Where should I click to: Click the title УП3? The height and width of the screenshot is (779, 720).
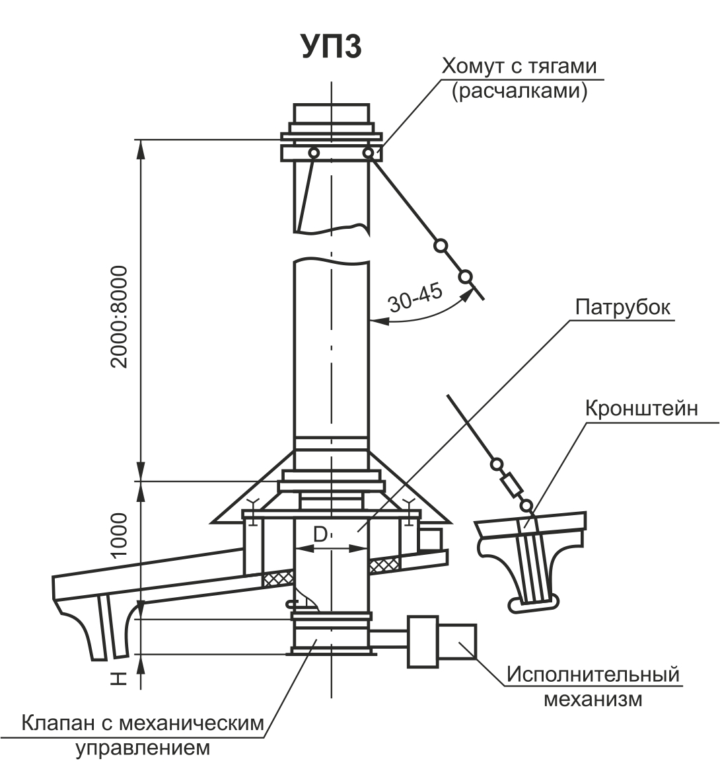pyautogui.click(x=332, y=47)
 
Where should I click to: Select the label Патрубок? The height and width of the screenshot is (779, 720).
pyautogui.click(x=623, y=307)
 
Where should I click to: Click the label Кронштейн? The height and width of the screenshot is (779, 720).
pyautogui.click(x=641, y=409)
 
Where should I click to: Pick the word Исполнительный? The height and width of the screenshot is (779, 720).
pyautogui.click(x=593, y=675)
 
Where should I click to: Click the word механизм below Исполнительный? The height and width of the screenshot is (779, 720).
pyautogui.click(x=593, y=700)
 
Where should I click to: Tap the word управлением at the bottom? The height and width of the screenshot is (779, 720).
pyautogui.click(x=143, y=748)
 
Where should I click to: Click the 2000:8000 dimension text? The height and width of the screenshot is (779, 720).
pyautogui.click(x=120, y=317)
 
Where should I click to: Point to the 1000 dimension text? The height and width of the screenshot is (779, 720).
pyautogui.click(x=120, y=536)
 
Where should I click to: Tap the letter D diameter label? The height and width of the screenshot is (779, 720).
pyautogui.click(x=320, y=534)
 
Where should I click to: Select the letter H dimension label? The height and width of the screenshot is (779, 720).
pyautogui.click(x=119, y=679)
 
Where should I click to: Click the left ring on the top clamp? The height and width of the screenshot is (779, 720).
pyautogui.click(x=314, y=153)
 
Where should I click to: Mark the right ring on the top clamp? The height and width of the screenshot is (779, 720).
pyautogui.click(x=368, y=153)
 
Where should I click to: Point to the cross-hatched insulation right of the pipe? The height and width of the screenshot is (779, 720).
pyautogui.click(x=384, y=564)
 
